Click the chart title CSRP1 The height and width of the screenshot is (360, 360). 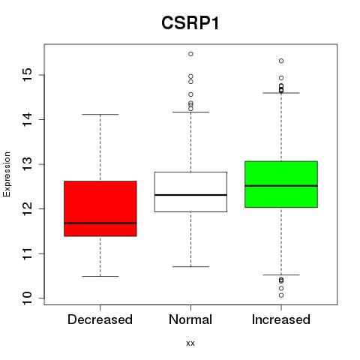coord(190,23)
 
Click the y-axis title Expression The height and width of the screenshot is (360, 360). coord(7,174)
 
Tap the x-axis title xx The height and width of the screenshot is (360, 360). coord(190,343)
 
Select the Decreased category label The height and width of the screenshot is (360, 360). coord(100,319)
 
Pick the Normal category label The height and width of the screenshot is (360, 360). coord(190,319)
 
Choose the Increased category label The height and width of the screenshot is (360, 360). coord(281,319)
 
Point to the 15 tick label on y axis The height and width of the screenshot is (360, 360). coord(27,75)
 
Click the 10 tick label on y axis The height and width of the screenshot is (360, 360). coord(27,298)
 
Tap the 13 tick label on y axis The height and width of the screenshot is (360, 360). coord(27,164)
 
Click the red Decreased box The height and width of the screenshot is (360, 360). coord(100,208)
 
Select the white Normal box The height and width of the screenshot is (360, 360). coord(190,192)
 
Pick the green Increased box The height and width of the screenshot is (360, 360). coord(281,184)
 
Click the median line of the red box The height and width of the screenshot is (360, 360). coord(100,223)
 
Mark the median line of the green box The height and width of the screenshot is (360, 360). coord(281,186)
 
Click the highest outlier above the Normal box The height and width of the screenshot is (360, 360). coord(190,54)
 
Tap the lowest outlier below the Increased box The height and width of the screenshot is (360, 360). coord(281,295)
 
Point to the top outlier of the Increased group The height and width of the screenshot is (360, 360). coord(281,61)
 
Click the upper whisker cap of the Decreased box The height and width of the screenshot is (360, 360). coord(100,115)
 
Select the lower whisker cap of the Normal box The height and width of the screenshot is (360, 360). coord(190,267)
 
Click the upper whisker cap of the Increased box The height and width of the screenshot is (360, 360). coord(281,93)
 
